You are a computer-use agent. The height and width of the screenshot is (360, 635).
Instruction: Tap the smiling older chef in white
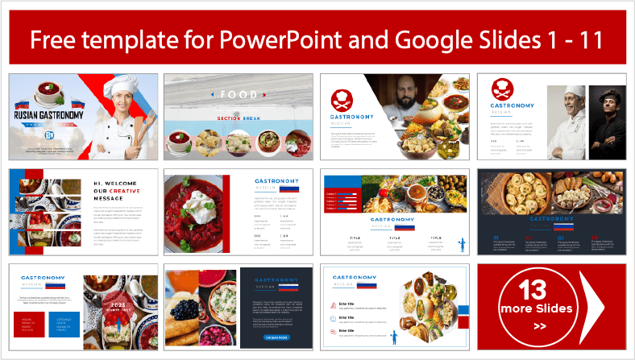pyautogui.click(x=575, y=113)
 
